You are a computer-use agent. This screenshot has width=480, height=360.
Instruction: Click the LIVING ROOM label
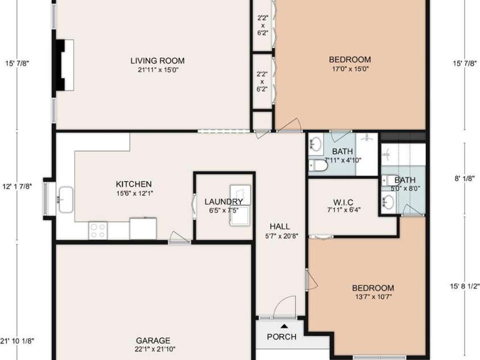click(x=157, y=60)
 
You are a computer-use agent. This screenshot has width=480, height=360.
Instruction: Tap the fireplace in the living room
click(x=64, y=65)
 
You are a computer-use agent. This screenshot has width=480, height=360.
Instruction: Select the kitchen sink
click(x=66, y=199)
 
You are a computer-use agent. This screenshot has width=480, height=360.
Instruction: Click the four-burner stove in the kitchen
click(x=98, y=231)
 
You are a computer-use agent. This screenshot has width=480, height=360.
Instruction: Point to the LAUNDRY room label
click(x=224, y=202)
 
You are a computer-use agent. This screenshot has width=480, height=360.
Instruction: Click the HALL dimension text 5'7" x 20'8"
click(x=282, y=236)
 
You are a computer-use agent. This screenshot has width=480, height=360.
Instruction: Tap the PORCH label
click(x=282, y=337)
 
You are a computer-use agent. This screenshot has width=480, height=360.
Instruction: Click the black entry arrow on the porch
click(x=284, y=326)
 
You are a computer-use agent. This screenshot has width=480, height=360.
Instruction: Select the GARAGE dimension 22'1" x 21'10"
click(x=155, y=349)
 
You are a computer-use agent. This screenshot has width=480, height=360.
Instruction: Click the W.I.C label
click(x=343, y=202)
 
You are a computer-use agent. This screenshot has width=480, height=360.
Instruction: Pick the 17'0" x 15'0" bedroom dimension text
click(x=351, y=69)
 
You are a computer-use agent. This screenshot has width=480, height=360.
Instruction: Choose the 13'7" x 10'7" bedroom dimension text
click(x=373, y=297)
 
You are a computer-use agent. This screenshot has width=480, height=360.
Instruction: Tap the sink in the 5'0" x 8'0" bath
click(x=388, y=203)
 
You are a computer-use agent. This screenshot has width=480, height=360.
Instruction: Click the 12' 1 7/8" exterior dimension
click(x=17, y=186)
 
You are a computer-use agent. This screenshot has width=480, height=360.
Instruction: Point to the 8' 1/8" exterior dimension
click(x=465, y=178)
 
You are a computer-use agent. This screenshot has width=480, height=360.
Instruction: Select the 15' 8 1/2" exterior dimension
click(x=465, y=286)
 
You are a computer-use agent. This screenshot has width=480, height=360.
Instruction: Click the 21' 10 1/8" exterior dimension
click(x=17, y=341)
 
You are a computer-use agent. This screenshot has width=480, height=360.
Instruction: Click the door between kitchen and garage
click(x=180, y=238)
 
